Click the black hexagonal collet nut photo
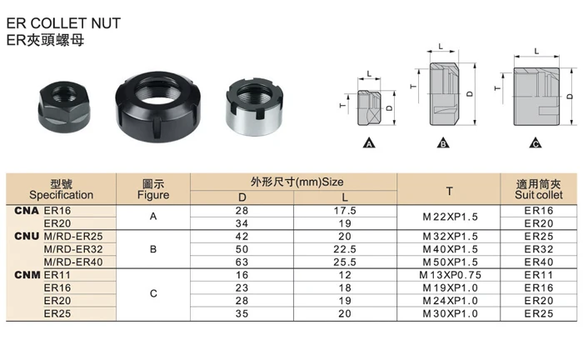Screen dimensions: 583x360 pyautogui.click(x=64, y=107)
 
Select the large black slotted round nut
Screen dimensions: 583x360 pyautogui.click(x=157, y=107)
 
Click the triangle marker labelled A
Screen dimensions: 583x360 pyautogui.click(x=369, y=142)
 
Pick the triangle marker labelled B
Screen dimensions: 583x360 pyautogui.click(x=443, y=142)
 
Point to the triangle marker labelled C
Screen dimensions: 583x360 pyautogui.click(x=536, y=142)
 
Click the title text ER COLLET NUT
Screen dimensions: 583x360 pyautogui.click(x=63, y=23)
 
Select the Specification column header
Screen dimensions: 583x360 pyautogui.click(x=62, y=195)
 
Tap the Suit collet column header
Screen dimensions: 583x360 pyautogui.click(x=539, y=195)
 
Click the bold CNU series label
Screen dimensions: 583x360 pyautogui.click(x=27, y=236)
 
